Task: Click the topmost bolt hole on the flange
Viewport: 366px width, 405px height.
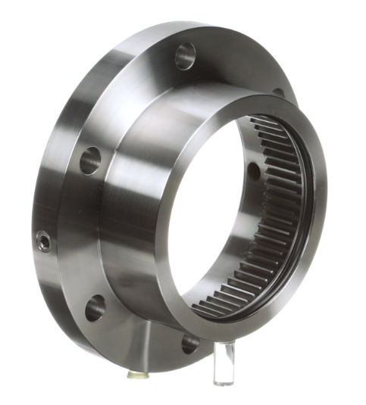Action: point(185,55)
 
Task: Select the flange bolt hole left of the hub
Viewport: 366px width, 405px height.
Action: point(89,160)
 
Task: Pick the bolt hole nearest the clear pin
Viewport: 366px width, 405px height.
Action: point(189,343)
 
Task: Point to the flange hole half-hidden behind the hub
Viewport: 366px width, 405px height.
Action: point(278,92)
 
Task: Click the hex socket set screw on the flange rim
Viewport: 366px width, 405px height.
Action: point(45,241)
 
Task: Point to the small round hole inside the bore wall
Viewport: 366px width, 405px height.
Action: point(253,171)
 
